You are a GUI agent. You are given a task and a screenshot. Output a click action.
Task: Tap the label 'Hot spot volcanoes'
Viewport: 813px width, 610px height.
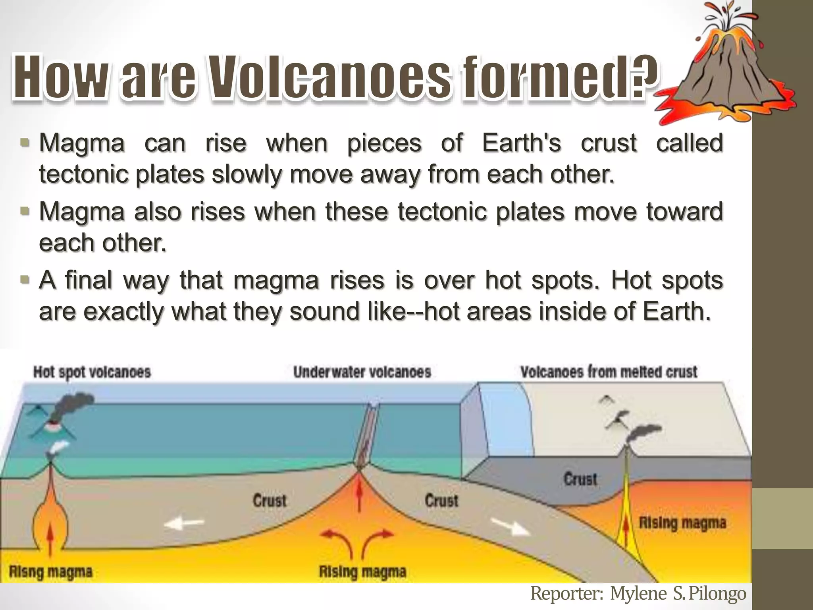coord(92,373)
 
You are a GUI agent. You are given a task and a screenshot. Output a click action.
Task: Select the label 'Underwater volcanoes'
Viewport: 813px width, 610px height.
coord(362,373)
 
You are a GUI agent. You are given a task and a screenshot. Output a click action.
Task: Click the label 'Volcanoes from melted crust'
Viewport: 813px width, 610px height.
coord(609,373)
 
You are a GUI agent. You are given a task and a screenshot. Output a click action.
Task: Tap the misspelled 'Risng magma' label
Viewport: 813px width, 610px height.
coord(50,572)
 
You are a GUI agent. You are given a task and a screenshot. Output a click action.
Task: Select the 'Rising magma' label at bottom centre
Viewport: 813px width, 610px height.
coord(362,572)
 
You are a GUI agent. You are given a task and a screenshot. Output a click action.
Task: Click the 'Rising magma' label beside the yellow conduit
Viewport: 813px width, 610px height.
coord(682,523)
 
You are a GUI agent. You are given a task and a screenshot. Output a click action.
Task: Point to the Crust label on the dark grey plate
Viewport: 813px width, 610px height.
coord(580,479)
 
